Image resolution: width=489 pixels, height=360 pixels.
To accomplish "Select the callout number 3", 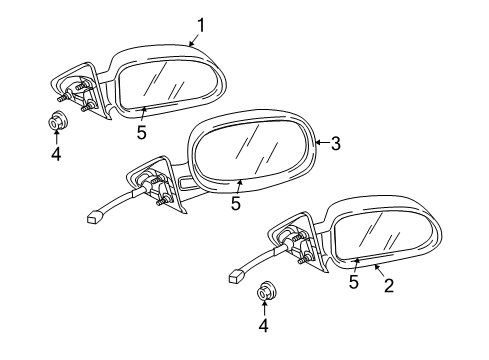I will point(337,144).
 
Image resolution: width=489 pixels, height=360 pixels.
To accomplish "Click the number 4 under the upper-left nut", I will point(56,156).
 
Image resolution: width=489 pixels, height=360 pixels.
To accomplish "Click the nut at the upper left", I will point(57,124).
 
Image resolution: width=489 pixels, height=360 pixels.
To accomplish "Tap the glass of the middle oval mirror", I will point(252,151).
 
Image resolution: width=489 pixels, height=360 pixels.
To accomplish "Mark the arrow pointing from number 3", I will point(321,144).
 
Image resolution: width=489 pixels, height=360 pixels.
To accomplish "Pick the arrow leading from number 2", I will point(381,273).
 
